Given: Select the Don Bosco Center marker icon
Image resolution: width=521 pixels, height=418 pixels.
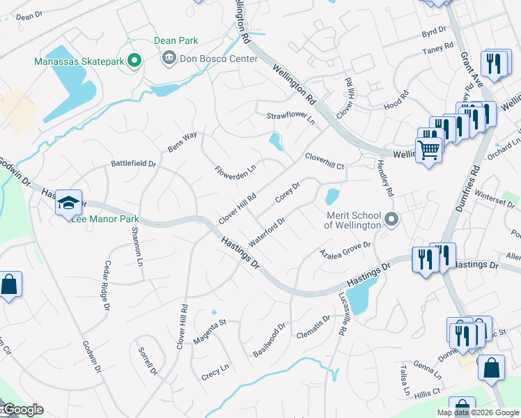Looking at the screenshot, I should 168,59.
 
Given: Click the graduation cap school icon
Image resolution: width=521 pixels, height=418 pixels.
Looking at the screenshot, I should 69,203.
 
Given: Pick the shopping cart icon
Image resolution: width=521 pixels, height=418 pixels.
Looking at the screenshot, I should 428,149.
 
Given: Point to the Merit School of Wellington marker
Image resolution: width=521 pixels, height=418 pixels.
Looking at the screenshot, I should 391,220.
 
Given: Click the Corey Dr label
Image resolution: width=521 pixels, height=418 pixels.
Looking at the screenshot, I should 287,193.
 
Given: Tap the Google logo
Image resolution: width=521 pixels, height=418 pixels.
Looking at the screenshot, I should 23,410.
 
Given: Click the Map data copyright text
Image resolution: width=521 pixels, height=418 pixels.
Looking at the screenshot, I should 477,412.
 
